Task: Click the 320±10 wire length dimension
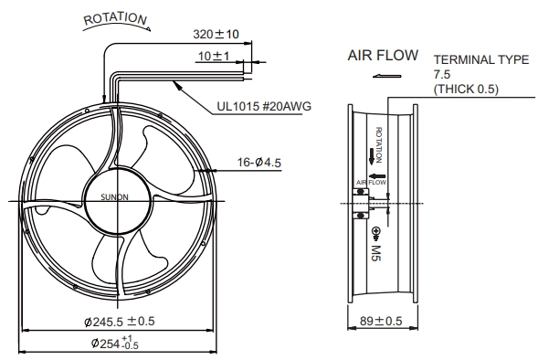pyautogui.click(x=216, y=34)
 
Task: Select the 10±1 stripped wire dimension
pyautogui.click(x=214, y=56)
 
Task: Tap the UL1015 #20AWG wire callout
pyautogui.click(x=264, y=106)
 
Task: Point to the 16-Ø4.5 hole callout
pyautogui.click(x=259, y=163)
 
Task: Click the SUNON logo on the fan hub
pyautogui.click(x=114, y=197)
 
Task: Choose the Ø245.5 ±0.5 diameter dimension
pyautogui.click(x=120, y=322)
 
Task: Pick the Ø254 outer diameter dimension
pyautogui.click(x=115, y=343)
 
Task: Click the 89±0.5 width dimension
pyautogui.click(x=381, y=321)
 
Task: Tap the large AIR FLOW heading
pyautogui.click(x=383, y=55)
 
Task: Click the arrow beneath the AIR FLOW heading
pyautogui.click(x=387, y=76)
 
